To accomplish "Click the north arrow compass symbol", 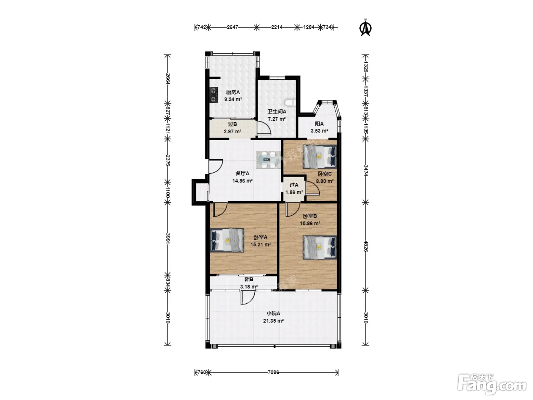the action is [x=365, y=28].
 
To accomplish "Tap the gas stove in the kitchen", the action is [x=43, y=95].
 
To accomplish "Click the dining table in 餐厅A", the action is [x=267, y=160].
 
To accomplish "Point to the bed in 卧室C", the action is [x=319, y=157].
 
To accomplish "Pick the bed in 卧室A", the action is [x=227, y=240].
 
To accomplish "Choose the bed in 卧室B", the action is [x=319, y=248].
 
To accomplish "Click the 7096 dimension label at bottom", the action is [x=273, y=372].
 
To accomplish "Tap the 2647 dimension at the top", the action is [x=232, y=27].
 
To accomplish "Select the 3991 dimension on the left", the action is [x=168, y=238].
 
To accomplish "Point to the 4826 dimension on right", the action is [x=366, y=246].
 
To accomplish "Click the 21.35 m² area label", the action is [x=273, y=321].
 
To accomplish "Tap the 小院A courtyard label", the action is [x=273, y=314].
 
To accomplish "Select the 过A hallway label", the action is [x=294, y=185].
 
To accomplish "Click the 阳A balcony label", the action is [x=319, y=123].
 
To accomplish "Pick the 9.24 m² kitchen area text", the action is [x=233, y=99].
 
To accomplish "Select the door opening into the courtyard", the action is [x=248, y=298].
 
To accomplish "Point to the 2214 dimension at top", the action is [x=277, y=27].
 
